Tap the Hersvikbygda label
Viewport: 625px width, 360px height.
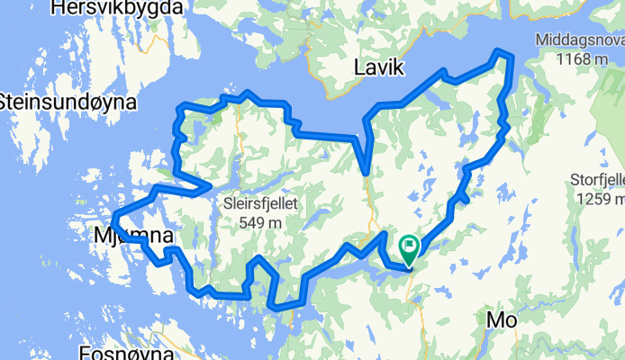[118, 8]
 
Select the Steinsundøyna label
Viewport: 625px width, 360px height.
[69, 101]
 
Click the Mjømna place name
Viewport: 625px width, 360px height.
[133, 236]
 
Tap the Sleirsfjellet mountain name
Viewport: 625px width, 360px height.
[268, 203]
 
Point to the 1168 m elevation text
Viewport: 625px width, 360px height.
[581, 58]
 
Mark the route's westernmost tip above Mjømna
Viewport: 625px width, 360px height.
[113, 216]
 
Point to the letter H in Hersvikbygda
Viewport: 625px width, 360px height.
[60, 8]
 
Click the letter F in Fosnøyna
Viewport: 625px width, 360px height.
[85, 352]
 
